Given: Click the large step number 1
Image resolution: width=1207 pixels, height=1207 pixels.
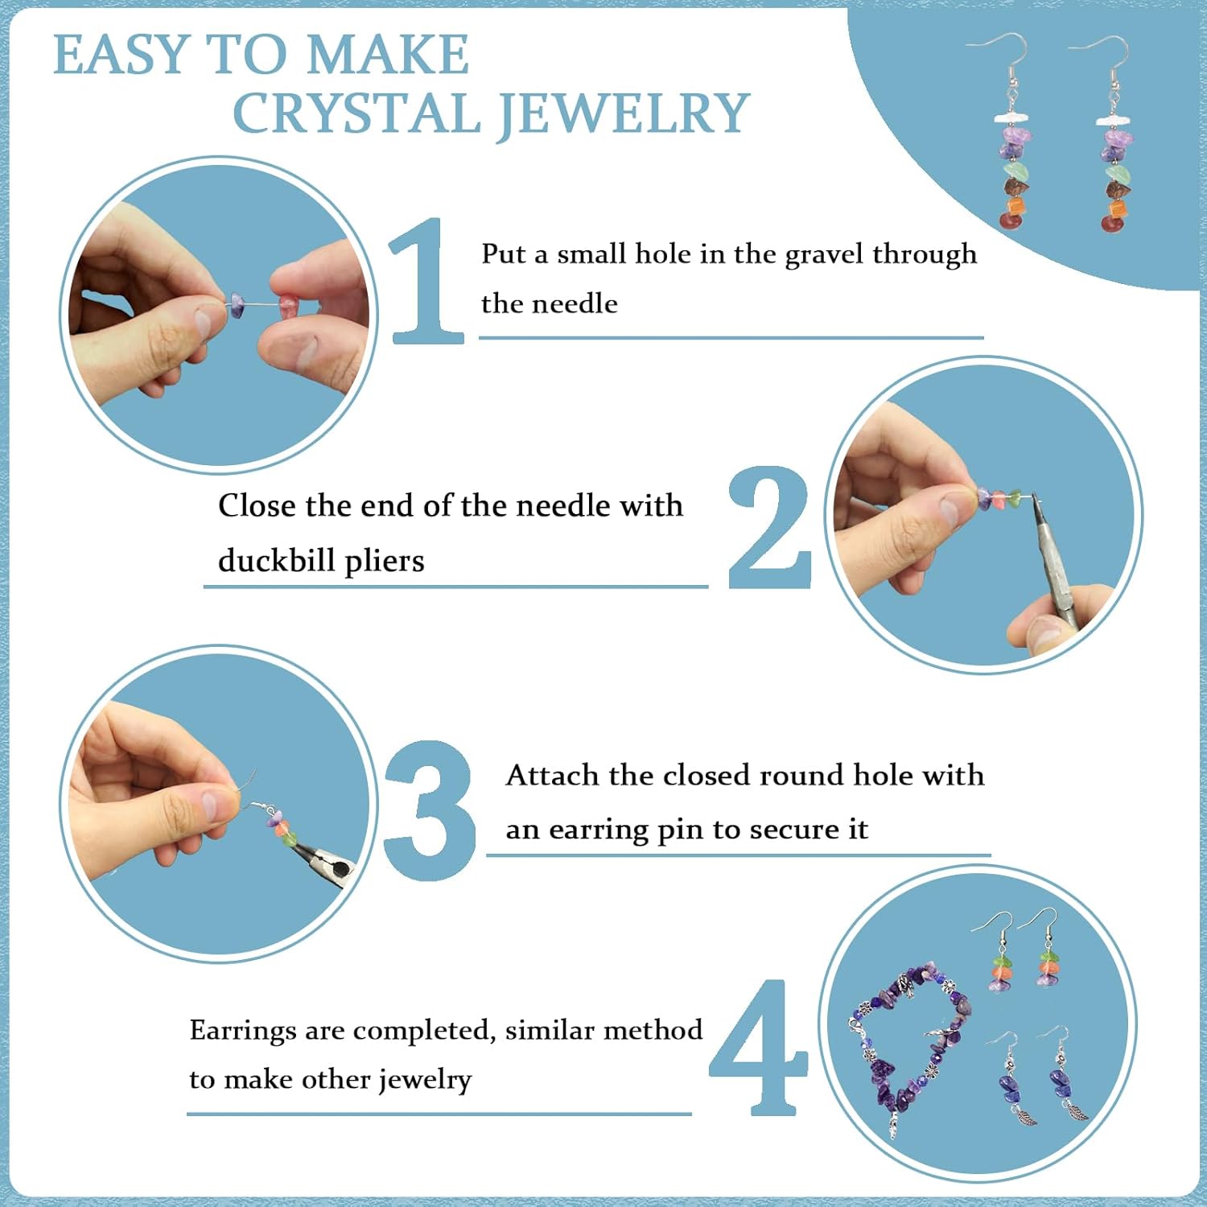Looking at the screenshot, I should (427, 282).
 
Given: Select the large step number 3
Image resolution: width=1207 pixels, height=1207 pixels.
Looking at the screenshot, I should (430, 810).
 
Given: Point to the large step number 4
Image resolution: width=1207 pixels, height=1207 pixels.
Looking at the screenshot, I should (759, 1048).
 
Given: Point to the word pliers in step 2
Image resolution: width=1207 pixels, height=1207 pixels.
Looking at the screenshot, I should (384, 562).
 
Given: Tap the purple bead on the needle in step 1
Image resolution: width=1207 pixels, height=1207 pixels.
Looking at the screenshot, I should (237, 304).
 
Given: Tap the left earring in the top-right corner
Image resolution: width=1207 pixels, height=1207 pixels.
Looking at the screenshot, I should (1014, 137).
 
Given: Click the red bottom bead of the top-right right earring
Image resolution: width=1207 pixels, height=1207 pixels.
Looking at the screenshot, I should (1114, 223).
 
